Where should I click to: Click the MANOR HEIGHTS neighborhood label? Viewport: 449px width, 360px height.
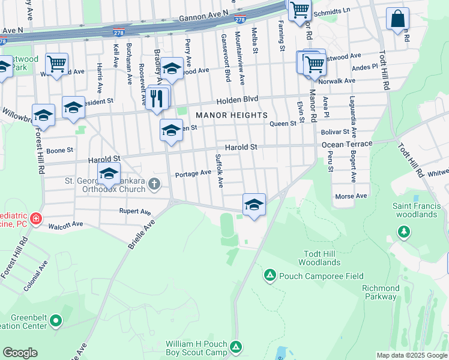point(230,115)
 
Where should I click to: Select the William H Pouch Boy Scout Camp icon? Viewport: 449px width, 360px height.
point(237,346)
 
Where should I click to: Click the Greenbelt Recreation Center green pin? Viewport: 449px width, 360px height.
point(56,320)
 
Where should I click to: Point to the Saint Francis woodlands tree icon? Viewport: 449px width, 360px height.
point(404,231)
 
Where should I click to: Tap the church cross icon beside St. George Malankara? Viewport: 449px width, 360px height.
point(154,184)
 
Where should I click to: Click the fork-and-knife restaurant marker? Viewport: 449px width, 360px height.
point(157,97)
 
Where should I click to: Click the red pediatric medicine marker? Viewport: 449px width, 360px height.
point(36,218)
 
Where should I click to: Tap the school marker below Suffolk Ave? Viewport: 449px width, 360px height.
point(254,205)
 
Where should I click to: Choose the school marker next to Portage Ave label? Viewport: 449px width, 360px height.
point(109,174)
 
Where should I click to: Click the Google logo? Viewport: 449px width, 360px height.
point(20,353)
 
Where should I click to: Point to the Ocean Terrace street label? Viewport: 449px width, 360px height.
point(347,144)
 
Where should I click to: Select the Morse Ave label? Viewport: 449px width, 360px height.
point(351,196)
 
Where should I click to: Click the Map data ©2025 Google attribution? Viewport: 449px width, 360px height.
point(411,355)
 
